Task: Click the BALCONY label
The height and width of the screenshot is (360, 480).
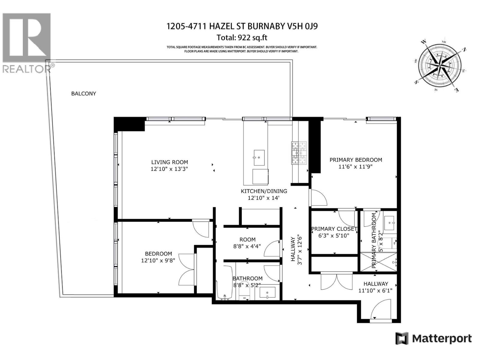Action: click(83, 94)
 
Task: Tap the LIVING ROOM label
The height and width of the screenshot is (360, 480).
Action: click(169, 162)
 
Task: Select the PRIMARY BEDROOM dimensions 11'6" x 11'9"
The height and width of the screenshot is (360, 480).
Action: click(355, 166)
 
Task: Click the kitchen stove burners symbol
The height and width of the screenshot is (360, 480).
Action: click(299, 153)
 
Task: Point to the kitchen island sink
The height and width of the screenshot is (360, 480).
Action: click(259, 157)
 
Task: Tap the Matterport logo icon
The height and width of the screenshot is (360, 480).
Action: click(402, 339)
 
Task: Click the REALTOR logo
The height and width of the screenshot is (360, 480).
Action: click(26, 42)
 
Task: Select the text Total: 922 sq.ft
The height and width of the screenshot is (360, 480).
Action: click(242, 38)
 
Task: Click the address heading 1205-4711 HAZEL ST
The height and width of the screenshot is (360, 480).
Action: click(242, 26)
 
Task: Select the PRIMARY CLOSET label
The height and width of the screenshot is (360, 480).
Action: click(334, 229)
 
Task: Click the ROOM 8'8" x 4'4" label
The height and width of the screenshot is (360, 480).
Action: click(247, 243)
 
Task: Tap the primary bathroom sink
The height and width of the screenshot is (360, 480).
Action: click(390, 223)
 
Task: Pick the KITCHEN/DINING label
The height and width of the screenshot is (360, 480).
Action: click(264, 191)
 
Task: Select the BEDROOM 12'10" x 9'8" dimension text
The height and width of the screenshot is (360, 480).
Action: click(158, 260)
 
